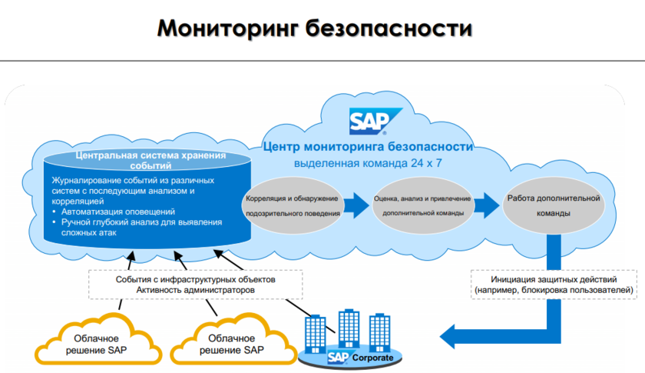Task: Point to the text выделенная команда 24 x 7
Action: [x=368, y=163]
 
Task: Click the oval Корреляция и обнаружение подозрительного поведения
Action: [x=291, y=204]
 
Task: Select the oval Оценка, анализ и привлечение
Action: [x=423, y=204]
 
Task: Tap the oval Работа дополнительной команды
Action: [x=552, y=205]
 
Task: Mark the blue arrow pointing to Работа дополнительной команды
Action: [x=486, y=205]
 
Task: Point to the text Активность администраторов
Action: [x=195, y=291]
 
